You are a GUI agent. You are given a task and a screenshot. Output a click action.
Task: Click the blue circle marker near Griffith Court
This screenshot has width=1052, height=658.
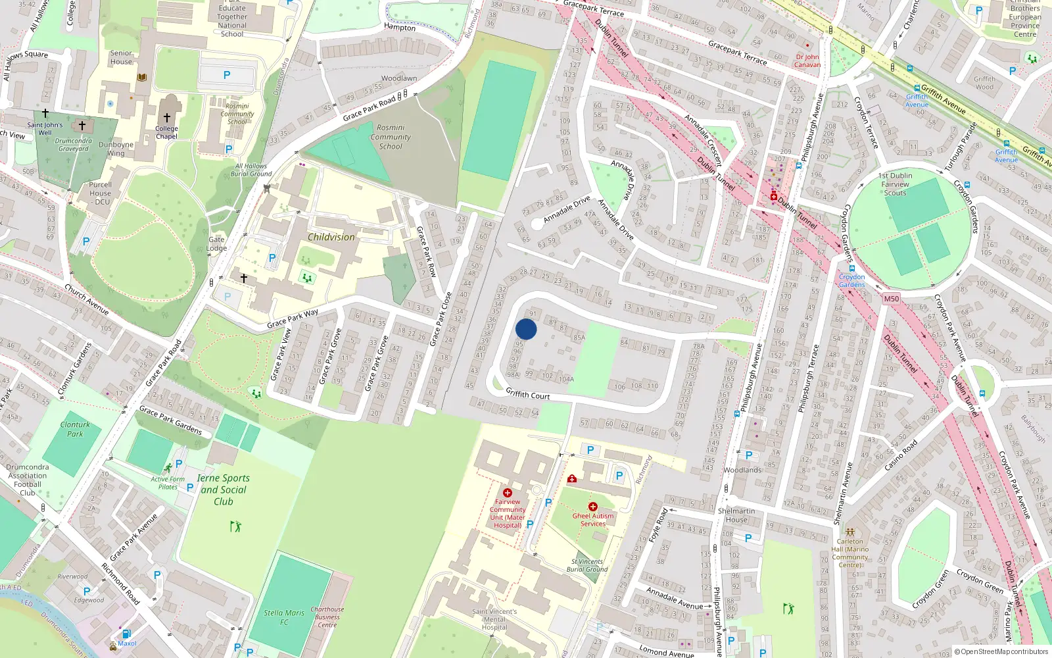(x=526, y=329)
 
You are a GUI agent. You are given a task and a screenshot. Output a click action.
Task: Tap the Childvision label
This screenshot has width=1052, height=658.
(x=331, y=237)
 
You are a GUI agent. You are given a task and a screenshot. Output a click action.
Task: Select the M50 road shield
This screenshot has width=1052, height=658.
(x=891, y=299)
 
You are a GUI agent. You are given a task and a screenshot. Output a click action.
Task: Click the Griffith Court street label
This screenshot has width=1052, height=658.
(x=527, y=394)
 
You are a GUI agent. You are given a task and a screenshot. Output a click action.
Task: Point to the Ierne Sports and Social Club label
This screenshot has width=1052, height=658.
(x=224, y=490)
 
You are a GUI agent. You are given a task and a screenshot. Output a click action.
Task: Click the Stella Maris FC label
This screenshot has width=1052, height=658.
(x=284, y=617)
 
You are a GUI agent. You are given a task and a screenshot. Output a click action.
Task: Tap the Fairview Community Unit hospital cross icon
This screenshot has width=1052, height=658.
(x=507, y=493)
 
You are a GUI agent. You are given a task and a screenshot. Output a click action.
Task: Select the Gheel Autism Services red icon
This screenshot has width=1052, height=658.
(x=592, y=507)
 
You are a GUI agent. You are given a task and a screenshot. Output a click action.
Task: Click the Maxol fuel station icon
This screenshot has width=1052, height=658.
(x=126, y=634)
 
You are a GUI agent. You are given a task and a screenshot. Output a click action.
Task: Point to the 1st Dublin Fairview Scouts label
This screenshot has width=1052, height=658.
(x=895, y=184)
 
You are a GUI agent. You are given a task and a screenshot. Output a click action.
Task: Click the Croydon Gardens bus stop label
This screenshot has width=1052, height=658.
(x=851, y=280)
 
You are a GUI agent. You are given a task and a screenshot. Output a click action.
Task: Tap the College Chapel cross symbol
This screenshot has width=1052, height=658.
(x=167, y=118)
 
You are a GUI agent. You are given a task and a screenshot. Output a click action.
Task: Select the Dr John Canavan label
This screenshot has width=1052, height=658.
(x=807, y=61)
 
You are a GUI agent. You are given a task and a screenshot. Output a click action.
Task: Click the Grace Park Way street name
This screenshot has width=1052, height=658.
(x=293, y=318)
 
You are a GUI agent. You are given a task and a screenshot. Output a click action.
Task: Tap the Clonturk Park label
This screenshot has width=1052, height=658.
(x=75, y=429)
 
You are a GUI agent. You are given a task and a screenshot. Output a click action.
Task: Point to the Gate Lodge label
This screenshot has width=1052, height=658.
(x=216, y=243)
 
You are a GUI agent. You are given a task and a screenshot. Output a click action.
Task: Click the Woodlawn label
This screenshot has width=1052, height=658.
(x=398, y=78)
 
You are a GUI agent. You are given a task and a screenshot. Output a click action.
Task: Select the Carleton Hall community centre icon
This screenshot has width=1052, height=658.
(x=849, y=532)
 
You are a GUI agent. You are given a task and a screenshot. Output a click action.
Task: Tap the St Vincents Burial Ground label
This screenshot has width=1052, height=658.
(x=587, y=565)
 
